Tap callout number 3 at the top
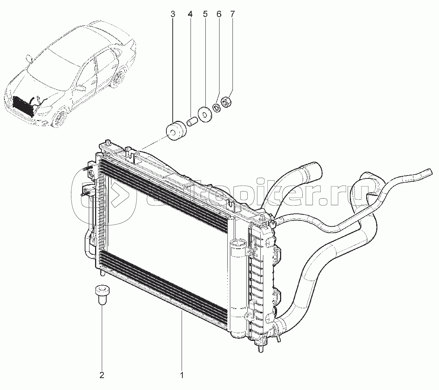(172, 14)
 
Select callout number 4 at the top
(190, 14)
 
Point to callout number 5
(205, 14)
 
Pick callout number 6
(219, 14)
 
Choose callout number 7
(232, 14)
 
